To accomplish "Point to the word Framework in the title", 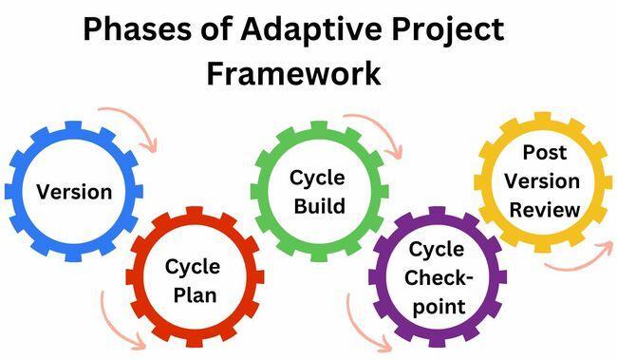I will tap(295, 73).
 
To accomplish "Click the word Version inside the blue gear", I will tap(74, 191).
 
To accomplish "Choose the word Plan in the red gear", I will tap(193, 294).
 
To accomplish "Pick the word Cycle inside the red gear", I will tap(193, 266).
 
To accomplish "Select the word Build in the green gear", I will tap(318, 206).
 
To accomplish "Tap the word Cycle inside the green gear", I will tap(318, 178).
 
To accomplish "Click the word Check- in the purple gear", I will tap(437, 278).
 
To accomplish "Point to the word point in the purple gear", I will tap(437, 307).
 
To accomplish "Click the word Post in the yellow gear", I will tap(543, 153).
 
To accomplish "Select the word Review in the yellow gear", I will tap(543, 210).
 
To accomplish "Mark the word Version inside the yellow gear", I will tap(543, 181).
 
